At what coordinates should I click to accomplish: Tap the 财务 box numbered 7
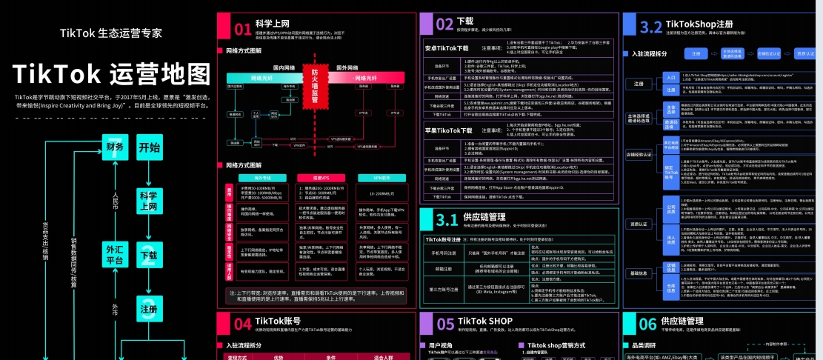(115, 146)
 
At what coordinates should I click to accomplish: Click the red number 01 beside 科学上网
(242, 30)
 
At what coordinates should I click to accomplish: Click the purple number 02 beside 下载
(444, 24)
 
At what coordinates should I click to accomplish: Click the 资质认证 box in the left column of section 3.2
(638, 223)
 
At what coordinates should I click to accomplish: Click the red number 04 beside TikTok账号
(242, 324)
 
